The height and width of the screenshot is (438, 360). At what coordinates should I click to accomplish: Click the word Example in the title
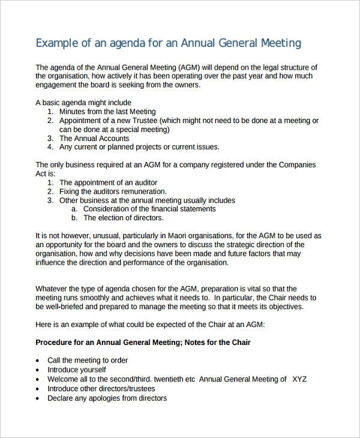58,43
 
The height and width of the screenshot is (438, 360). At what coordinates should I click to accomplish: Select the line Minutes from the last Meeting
107,112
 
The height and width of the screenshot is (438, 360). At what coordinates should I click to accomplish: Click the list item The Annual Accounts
94,138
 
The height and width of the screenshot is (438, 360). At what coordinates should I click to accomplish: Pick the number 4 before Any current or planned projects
50,147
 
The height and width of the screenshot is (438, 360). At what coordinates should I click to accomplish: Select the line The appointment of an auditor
108,182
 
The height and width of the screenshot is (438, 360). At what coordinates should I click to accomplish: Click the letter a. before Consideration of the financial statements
74,209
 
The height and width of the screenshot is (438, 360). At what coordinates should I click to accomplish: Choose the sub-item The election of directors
123,218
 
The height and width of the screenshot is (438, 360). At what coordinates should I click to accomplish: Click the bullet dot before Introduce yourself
39,370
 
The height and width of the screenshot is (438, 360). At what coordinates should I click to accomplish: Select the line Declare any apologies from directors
107,398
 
